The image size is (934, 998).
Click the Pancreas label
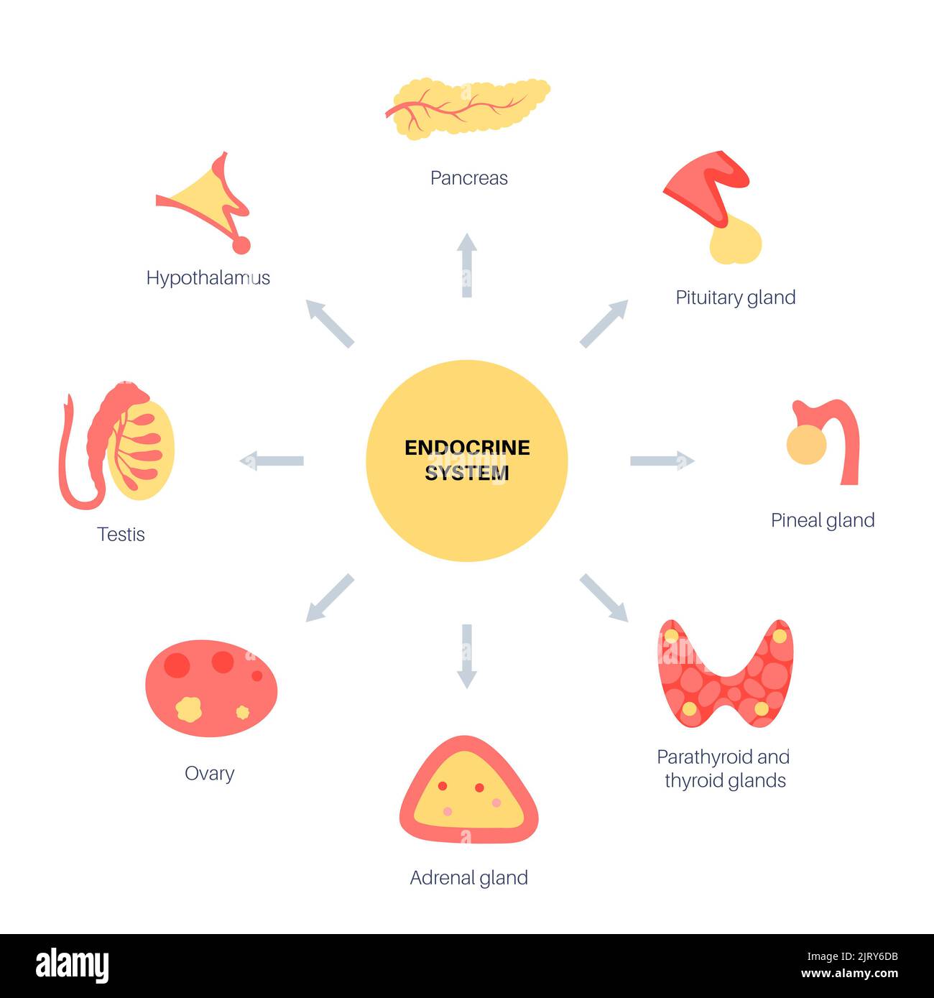[x=468, y=178]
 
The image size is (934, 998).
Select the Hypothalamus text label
[x=208, y=278]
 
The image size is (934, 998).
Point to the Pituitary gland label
[x=735, y=297]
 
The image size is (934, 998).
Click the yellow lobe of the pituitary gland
[x=736, y=242]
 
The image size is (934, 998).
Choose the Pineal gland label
[x=822, y=520]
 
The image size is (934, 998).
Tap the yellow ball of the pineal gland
[x=806, y=445]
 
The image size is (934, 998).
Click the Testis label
[x=121, y=535]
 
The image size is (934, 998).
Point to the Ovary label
[x=209, y=774]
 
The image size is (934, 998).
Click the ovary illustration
[x=211, y=688]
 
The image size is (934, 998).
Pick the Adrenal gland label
[x=468, y=878]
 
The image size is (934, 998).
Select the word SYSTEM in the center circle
[x=466, y=473]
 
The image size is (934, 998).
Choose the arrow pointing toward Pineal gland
[x=662, y=461]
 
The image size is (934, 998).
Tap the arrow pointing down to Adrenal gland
[x=467, y=656]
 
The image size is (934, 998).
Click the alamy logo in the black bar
[x=72, y=966]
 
